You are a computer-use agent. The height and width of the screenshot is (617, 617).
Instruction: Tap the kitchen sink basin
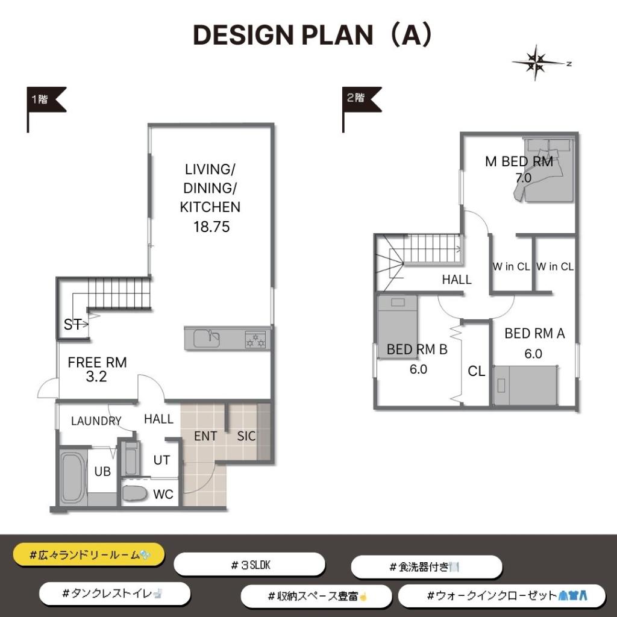pyautogui.click(x=207, y=339)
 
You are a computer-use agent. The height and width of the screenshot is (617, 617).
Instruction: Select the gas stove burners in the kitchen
pyautogui.click(x=255, y=340)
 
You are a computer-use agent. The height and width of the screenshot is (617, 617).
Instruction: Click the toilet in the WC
pyautogui.click(x=134, y=493)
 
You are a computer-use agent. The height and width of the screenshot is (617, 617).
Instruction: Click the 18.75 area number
pyautogui.click(x=211, y=227)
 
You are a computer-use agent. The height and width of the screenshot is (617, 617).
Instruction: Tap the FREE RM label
pyautogui.click(x=97, y=362)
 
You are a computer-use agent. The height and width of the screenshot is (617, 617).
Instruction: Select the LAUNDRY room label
pyautogui.click(x=96, y=421)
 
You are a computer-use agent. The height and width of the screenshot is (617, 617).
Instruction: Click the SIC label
pyautogui.click(x=246, y=436)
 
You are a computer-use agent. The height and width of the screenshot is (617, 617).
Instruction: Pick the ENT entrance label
pyautogui.click(x=205, y=436)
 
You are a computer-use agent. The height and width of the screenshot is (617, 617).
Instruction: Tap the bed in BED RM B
pyautogui.click(x=398, y=327)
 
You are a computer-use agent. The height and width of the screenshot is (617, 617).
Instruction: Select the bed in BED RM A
pyautogui.click(x=525, y=386)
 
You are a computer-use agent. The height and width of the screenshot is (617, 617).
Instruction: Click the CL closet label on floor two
pyautogui.click(x=476, y=371)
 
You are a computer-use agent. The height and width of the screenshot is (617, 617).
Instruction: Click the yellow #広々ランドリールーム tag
pyautogui.click(x=89, y=555)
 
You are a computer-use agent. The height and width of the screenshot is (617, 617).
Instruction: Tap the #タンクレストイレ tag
pyautogui.click(x=115, y=594)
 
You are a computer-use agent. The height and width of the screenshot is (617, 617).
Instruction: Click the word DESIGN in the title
pyautogui.click(x=244, y=35)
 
